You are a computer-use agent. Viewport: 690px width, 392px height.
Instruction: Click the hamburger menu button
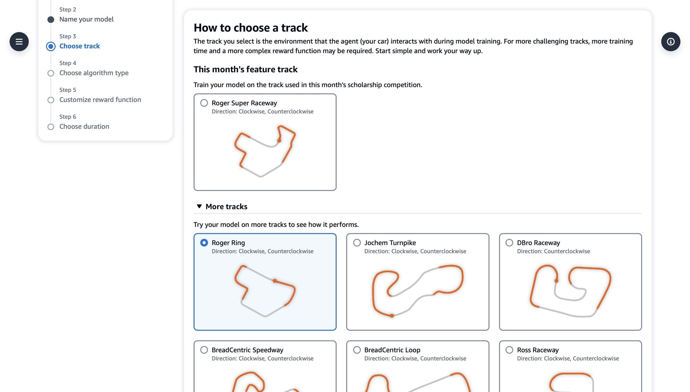tap(19, 42)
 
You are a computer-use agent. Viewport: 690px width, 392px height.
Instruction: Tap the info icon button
tap(670, 42)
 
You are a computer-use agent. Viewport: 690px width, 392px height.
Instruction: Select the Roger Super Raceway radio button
tap(204, 103)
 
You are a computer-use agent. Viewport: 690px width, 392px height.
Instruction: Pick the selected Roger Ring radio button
tap(204, 243)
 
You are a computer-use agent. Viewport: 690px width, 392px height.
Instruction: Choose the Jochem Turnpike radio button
tap(357, 243)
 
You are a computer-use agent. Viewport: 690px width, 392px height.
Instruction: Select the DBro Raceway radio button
tap(509, 243)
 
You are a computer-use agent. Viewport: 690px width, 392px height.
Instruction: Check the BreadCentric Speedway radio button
tap(204, 350)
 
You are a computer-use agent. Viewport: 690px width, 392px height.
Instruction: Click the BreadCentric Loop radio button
tap(357, 350)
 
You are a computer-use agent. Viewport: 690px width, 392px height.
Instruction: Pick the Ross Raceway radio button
tap(509, 350)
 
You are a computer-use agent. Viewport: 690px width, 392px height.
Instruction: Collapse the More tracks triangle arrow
tap(199, 206)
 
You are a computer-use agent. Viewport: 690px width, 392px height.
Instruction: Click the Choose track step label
tap(80, 46)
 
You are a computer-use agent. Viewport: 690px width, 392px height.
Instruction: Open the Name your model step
tap(86, 19)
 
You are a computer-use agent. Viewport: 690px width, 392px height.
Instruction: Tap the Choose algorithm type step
tap(94, 73)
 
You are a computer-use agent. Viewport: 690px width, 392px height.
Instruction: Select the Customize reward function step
tap(100, 100)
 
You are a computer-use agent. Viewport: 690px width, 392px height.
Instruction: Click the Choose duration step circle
tap(51, 127)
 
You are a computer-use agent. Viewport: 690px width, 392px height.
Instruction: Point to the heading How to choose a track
tap(250, 28)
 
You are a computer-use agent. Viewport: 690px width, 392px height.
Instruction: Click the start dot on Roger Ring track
tap(275, 281)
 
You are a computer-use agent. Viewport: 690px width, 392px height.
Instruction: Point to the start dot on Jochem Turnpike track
tap(392, 316)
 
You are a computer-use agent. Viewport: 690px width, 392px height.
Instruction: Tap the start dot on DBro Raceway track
tap(557, 281)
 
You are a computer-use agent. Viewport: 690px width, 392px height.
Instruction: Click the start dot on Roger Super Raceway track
tap(279, 141)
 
